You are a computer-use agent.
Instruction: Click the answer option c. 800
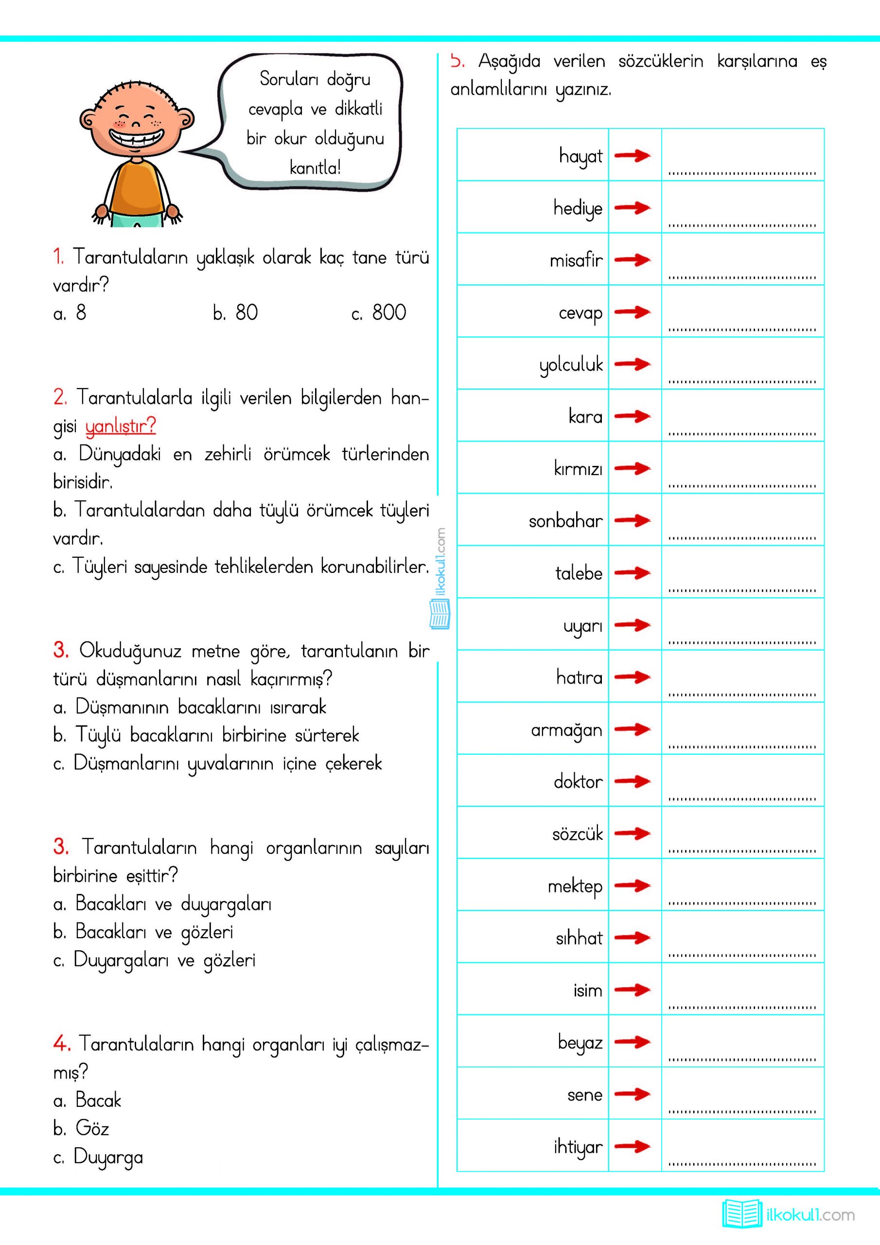[x=378, y=313]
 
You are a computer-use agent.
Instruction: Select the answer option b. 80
[x=235, y=313]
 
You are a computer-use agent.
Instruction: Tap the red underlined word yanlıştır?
[x=121, y=426]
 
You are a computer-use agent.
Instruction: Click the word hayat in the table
[x=581, y=156]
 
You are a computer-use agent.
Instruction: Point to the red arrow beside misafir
[x=633, y=260]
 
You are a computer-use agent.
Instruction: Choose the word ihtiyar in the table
[x=578, y=1147]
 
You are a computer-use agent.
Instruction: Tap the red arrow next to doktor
[x=633, y=781]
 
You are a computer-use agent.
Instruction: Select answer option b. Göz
[x=81, y=1128]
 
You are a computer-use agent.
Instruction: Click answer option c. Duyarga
[x=98, y=1156]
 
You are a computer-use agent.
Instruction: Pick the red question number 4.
[x=61, y=1043]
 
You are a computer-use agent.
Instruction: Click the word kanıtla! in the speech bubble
[x=315, y=168]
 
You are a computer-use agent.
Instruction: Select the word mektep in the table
[x=575, y=886]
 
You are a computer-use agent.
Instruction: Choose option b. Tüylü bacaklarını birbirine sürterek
[x=206, y=735]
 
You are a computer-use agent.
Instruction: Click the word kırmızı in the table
[x=578, y=468]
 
